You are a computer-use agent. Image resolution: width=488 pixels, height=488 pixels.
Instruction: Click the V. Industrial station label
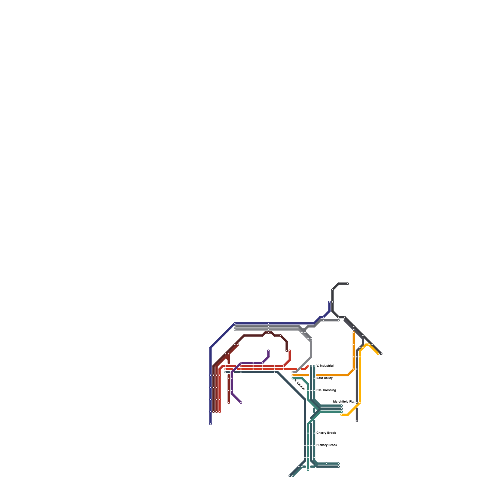[325, 366]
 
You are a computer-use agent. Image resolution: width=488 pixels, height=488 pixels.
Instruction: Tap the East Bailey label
[324, 378]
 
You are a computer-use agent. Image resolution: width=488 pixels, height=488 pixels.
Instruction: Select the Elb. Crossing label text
[326, 390]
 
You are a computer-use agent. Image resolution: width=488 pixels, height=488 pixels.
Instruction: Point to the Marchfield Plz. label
[344, 402]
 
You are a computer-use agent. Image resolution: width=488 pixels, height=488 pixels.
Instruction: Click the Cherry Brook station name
[326, 433]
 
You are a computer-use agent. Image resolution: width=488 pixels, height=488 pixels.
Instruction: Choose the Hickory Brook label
[327, 445]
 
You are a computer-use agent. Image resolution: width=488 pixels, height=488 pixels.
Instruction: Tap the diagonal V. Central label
[300, 384]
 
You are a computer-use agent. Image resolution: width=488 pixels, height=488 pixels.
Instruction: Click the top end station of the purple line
[268, 351]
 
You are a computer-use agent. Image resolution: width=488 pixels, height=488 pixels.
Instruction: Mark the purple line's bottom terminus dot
[241, 403]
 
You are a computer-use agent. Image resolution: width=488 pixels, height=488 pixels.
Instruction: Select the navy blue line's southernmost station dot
[210, 424]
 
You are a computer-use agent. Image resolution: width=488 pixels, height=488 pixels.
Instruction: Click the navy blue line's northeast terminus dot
[329, 302]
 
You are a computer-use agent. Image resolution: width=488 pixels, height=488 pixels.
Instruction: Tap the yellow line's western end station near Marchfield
[342, 415]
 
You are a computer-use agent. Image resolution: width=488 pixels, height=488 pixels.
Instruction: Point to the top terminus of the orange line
[354, 332]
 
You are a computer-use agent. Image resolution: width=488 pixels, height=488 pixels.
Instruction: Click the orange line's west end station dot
[293, 375]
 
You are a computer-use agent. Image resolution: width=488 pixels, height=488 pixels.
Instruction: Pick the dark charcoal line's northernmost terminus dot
[348, 284]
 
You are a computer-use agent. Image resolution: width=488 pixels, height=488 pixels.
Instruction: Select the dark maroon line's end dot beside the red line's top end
[287, 351]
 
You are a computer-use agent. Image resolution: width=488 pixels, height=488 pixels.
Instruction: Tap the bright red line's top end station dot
[290, 351]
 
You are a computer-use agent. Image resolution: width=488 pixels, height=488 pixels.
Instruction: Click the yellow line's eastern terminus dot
[378, 354]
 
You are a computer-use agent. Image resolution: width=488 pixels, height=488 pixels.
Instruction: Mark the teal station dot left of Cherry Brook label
[314, 433]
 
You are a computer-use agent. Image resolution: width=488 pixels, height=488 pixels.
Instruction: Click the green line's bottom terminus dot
[308, 470]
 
